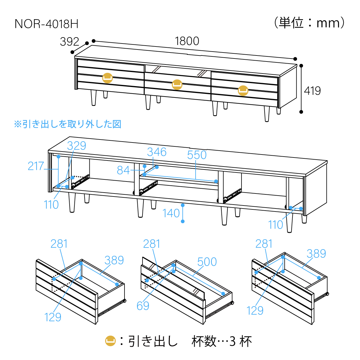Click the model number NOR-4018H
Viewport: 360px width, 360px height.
coord(46,24)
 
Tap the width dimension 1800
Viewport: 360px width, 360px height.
coord(187,41)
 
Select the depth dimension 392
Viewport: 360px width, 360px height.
coord(69,42)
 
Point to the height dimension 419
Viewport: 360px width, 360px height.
coord(312,91)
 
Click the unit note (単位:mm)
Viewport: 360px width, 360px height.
coord(309,23)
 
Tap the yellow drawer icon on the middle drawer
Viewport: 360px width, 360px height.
coord(177,84)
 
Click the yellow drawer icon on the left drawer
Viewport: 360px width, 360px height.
coord(108,78)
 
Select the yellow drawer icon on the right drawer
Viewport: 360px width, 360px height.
coord(243,90)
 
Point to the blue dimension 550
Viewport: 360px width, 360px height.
coord(197,155)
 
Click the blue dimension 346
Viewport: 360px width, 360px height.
coord(157,152)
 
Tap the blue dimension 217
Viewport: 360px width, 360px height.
coord(36,166)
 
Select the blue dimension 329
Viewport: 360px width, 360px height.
coord(76,146)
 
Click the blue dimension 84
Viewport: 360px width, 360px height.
coord(123,170)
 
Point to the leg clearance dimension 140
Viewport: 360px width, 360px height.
coord(171,213)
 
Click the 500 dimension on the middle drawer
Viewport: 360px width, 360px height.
coord(207,262)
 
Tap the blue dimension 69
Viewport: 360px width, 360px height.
coord(143,306)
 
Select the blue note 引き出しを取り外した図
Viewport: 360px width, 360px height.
coord(68,124)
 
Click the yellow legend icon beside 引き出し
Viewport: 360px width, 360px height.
coord(110,341)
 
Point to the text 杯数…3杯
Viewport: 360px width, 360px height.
coord(222,341)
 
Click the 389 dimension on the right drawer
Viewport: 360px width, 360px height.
coord(316,254)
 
